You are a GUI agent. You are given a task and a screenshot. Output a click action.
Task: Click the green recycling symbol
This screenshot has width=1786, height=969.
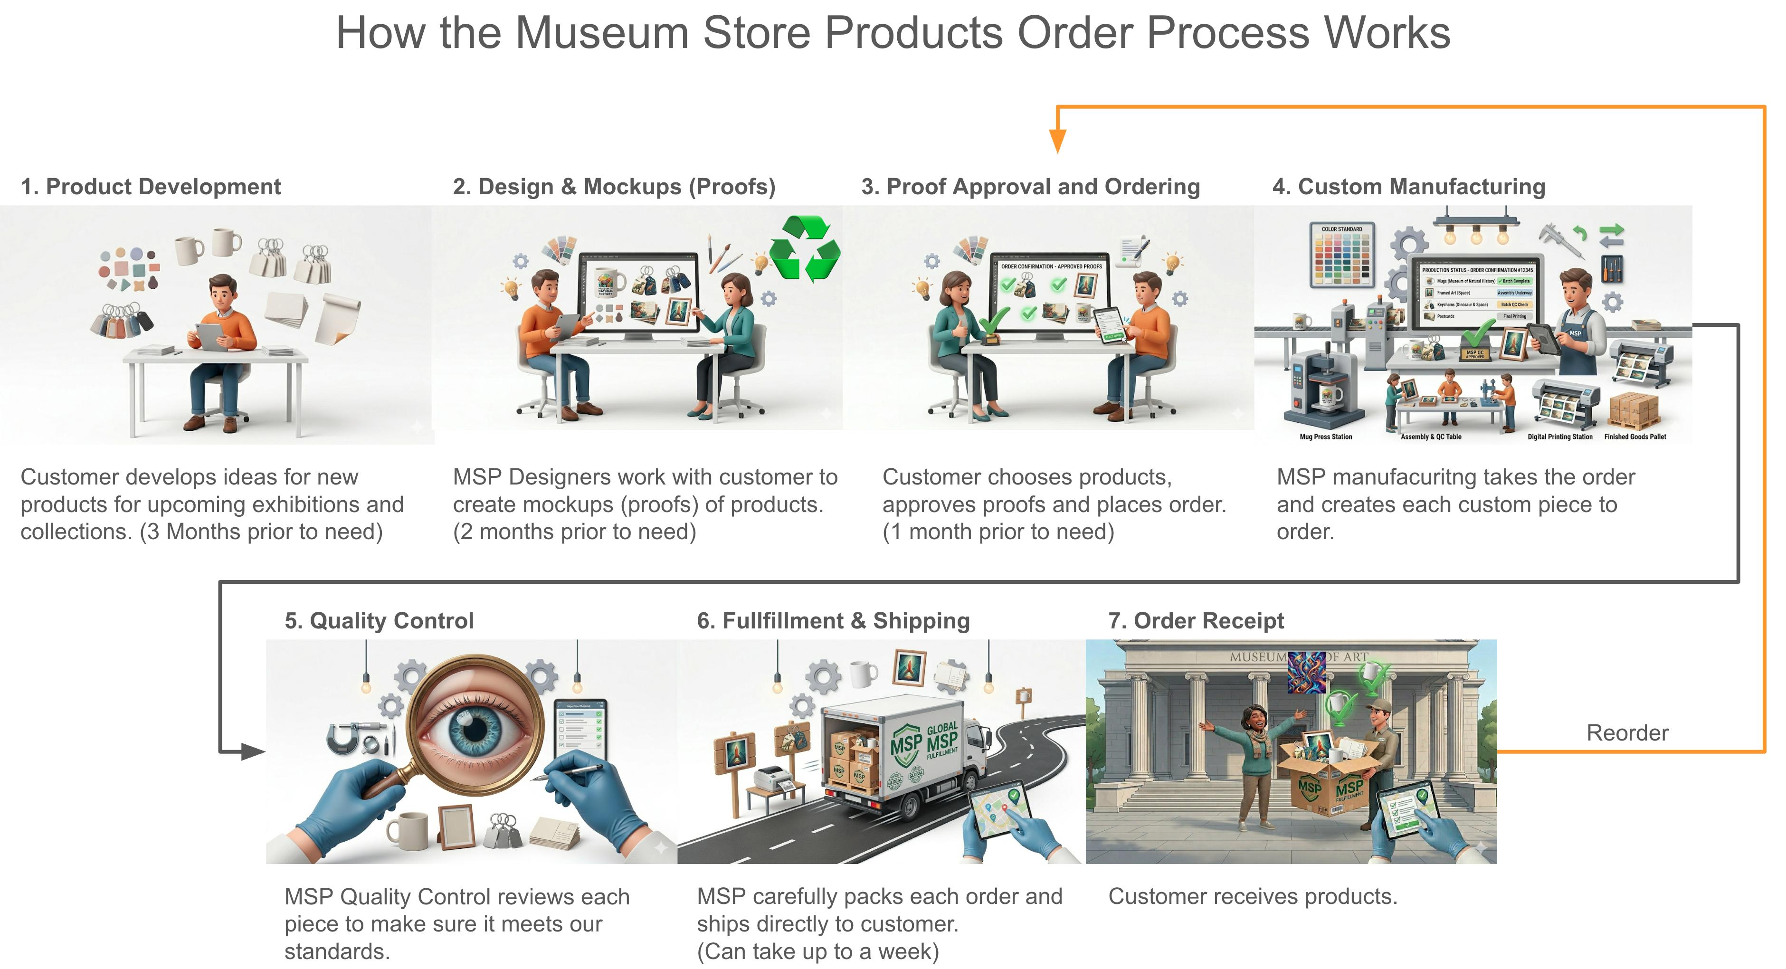pyautogui.click(x=805, y=247)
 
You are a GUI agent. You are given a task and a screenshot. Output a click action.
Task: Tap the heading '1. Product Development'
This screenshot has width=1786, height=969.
pyautogui.click(x=151, y=187)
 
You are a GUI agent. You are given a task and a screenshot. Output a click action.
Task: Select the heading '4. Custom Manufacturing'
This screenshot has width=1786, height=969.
pyautogui.click(x=1408, y=187)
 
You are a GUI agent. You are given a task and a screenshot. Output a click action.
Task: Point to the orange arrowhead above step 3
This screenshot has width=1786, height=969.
pyautogui.click(x=1057, y=142)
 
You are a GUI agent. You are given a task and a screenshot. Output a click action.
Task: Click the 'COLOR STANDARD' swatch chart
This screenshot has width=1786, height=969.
pyautogui.click(x=1341, y=255)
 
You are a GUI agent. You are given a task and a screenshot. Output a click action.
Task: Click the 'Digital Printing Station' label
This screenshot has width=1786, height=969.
pyautogui.click(x=1559, y=437)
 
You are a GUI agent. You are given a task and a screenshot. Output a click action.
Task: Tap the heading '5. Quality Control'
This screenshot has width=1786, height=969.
pyautogui.click(x=379, y=620)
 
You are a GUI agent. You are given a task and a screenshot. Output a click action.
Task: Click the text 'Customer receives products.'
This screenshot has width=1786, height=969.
pyautogui.click(x=1252, y=896)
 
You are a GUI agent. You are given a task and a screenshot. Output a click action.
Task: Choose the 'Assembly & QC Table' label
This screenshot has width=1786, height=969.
pyautogui.click(x=1430, y=437)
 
